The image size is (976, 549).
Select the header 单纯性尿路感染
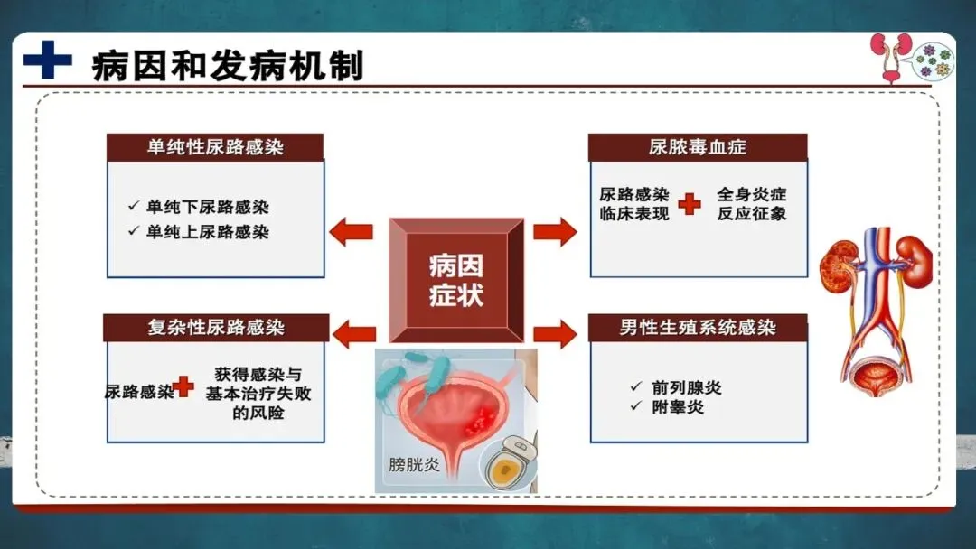(215, 147)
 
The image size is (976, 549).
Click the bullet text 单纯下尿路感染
(208, 207)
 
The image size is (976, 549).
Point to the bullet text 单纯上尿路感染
(208, 232)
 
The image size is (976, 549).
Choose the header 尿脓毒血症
(698, 147)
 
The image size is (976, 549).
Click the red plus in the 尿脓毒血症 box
(690, 205)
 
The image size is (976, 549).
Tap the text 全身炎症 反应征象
(751, 205)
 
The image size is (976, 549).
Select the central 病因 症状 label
(456, 279)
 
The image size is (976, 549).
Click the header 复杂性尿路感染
(215, 327)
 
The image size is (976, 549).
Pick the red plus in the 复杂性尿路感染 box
(183, 387)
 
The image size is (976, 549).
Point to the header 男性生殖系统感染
(698, 327)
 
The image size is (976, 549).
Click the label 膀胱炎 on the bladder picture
(413, 466)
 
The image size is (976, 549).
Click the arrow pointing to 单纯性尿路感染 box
(351, 232)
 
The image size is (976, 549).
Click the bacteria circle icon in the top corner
(933, 60)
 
